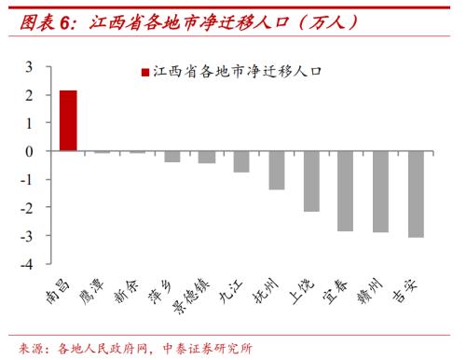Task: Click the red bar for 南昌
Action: [67, 120]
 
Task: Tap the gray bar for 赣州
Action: [380, 191]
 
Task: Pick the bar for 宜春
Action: [346, 190]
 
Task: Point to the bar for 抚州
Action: [276, 170]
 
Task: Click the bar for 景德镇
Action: [206, 157]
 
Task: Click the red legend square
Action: [144, 73]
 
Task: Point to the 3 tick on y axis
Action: [29, 66]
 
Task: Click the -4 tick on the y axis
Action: [27, 265]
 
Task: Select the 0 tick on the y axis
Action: [29, 151]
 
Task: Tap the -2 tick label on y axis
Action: [27, 208]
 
